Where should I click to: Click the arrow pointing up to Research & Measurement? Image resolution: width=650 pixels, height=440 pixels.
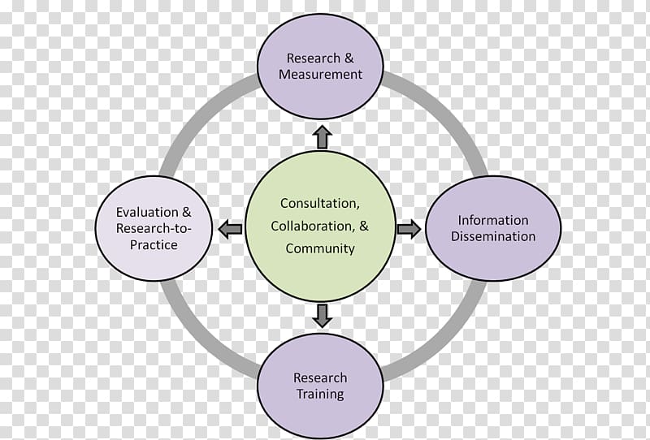click(322, 137)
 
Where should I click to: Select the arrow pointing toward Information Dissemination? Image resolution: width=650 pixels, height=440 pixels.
click(409, 229)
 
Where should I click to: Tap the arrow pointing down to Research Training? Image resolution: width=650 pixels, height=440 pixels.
click(322, 316)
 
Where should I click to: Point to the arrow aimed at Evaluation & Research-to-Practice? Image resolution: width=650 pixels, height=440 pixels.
click(230, 229)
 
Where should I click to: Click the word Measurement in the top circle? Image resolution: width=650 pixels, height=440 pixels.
click(320, 74)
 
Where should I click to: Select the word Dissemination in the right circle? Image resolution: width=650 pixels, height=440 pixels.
click(493, 236)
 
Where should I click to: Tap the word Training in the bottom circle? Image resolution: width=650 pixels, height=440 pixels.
click(320, 394)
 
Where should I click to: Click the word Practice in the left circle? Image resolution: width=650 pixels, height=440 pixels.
click(154, 244)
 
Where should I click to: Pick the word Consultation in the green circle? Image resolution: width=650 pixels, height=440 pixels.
click(319, 204)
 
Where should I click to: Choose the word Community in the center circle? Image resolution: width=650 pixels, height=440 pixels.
click(320, 248)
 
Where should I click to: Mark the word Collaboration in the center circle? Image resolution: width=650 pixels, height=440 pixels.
click(312, 226)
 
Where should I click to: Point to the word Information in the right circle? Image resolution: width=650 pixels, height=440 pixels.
click(493, 220)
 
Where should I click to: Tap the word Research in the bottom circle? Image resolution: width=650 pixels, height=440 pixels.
click(320, 377)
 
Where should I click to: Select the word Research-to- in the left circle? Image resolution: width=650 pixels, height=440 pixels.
click(154, 228)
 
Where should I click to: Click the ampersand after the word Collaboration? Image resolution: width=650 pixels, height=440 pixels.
click(363, 226)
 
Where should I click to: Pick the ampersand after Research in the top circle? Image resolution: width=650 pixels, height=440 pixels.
click(349, 58)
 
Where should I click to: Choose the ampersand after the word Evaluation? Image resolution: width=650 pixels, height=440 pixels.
click(187, 212)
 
